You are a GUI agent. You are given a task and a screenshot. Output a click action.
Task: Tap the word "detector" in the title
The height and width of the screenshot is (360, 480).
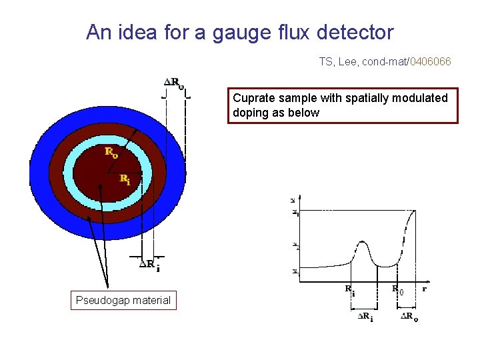357,32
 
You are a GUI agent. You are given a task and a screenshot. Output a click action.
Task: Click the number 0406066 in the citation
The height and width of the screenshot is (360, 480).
430,62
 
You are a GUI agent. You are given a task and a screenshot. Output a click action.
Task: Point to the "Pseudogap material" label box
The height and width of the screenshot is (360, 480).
123,301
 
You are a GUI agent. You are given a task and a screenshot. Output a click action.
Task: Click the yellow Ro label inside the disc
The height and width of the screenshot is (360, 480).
111,151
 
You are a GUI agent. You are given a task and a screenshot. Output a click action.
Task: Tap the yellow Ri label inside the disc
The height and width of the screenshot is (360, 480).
125,179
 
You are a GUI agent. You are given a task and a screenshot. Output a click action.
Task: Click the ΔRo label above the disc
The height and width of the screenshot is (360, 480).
175,83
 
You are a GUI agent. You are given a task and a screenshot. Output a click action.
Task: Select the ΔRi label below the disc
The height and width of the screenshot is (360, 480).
149,265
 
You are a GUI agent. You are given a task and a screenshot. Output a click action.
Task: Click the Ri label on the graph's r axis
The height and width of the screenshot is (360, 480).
350,289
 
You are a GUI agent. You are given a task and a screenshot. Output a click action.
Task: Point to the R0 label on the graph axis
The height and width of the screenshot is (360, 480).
397,289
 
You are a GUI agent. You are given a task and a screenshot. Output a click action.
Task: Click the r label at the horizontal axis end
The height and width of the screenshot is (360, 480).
425,289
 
